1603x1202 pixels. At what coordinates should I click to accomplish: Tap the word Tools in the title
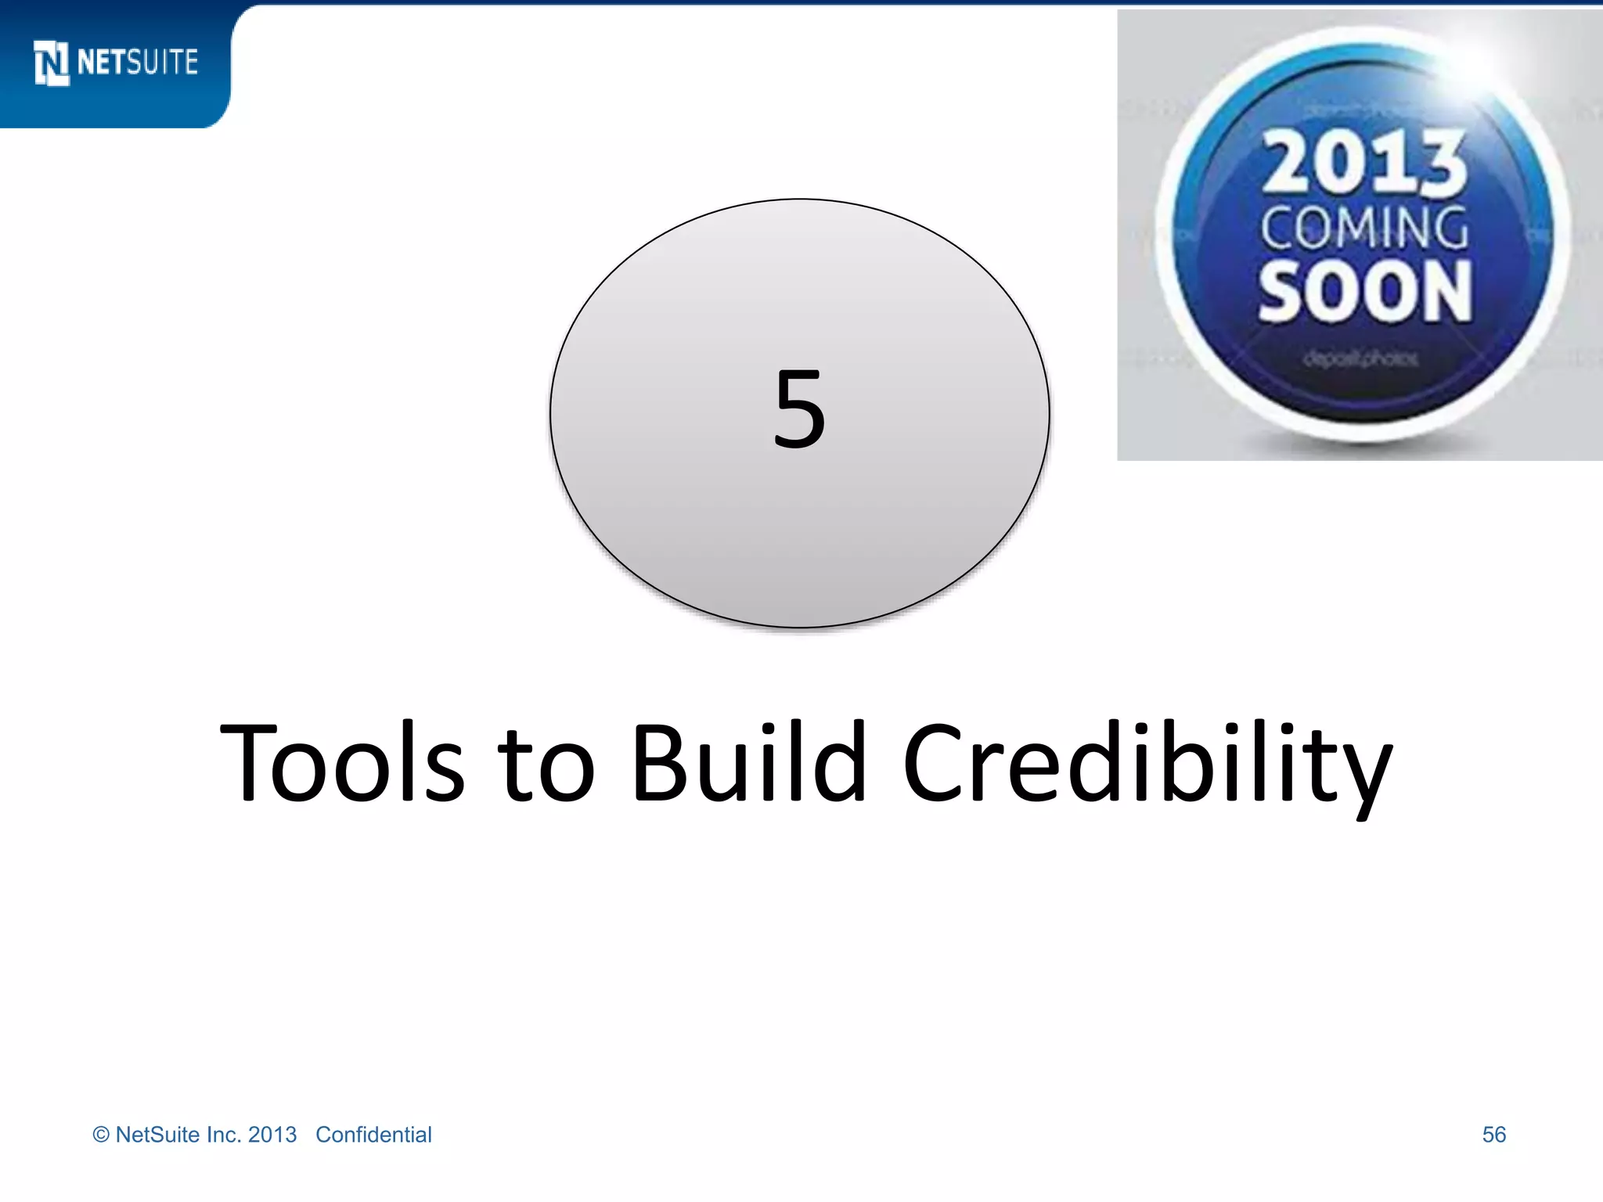click(343, 763)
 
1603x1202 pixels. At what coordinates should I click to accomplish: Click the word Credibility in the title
click(1147, 763)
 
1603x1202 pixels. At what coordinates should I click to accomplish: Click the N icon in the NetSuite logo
click(52, 63)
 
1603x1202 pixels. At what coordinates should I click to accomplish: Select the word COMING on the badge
click(1364, 228)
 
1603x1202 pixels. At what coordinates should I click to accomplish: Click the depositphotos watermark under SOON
click(1361, 358)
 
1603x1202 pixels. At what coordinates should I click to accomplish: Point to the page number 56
click(1493, 1135)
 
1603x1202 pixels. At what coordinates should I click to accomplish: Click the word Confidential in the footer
click(373, 1135)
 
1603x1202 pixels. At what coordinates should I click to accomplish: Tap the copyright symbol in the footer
click(101, 1135)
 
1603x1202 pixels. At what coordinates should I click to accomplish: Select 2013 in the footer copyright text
click(272, 1135)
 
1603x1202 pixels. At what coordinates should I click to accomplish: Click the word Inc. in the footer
click(224, 1135)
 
